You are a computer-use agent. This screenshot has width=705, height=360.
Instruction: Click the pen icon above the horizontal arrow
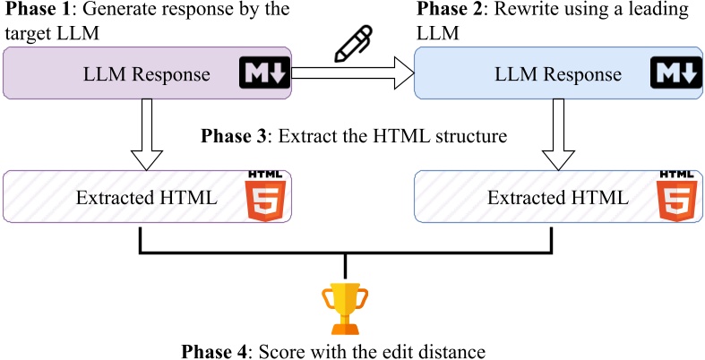(354, 44)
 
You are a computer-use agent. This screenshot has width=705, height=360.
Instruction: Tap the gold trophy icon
(345, 308)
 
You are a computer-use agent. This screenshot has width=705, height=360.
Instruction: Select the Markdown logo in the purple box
(265, 72)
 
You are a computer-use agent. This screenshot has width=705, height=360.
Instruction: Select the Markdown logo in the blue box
(676, 72)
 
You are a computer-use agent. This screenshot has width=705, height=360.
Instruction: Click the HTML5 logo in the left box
(265, 195)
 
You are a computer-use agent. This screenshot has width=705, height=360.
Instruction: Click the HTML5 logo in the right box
(676, 195)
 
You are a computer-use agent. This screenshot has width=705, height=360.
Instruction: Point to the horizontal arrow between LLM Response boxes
(353, 73)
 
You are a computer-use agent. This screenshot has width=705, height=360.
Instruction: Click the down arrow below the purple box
(146, 134)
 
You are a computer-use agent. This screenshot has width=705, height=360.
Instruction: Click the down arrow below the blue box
(558, 134)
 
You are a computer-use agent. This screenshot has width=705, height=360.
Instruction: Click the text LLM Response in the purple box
(147, 74)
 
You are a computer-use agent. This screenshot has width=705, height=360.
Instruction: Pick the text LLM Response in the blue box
(558, 74)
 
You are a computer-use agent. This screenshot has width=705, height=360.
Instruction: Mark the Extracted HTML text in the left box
(147, 198)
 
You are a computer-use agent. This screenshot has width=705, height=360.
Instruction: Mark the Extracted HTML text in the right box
(558, 198)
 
